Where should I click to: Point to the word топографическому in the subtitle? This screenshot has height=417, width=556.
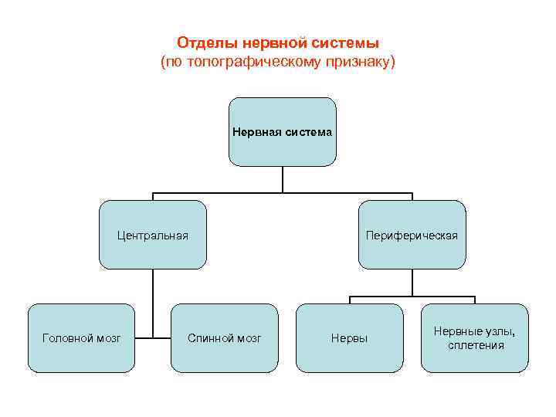[256, 60]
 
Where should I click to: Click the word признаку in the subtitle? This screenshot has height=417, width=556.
[361, 60]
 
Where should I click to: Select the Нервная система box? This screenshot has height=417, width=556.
[282, 132]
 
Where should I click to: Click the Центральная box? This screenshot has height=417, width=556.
[153, 235]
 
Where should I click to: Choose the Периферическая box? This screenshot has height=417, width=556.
[412, 235]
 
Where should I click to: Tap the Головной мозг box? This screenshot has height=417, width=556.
[81, 338]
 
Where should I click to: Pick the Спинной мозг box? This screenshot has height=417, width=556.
[225, 338]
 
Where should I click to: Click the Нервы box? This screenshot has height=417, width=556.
[349, 338]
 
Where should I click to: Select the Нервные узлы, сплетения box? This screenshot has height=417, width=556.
[476, 338]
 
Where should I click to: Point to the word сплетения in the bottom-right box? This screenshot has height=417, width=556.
[476, 345]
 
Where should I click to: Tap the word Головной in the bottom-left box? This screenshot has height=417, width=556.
[66, 338]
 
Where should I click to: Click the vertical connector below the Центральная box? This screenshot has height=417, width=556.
[153, 301]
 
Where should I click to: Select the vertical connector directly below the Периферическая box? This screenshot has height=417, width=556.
[412, 282]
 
